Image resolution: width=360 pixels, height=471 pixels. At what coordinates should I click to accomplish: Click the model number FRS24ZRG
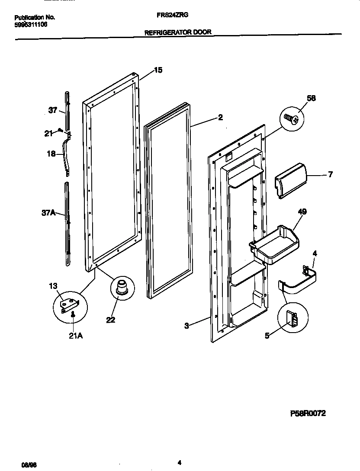(x=172, y=14)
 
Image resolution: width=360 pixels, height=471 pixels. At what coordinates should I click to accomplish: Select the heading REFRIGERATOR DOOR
(x=178, y=32)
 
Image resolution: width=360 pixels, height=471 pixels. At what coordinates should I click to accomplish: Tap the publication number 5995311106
(x=31, y=25)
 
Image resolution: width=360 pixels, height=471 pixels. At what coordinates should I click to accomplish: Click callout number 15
(x=158, y=70)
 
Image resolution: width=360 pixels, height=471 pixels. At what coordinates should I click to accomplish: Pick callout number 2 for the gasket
(x=220, y=117)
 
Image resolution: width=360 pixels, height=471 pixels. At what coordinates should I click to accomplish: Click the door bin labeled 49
(x=274, y=244)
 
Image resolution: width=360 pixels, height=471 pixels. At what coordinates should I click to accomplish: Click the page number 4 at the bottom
(x=179, y=462)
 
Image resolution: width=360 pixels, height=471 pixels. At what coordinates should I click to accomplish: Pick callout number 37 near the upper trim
(x=52, y=110)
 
